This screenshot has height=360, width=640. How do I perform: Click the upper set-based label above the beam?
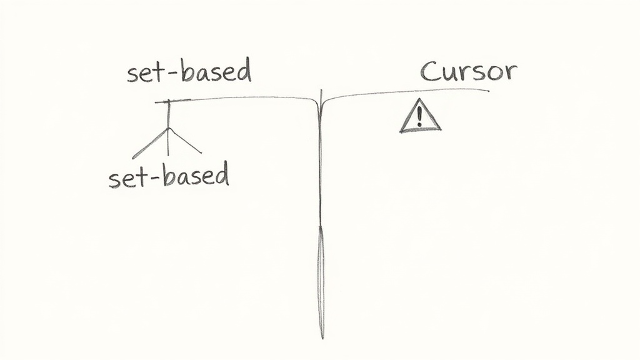click(189, 71)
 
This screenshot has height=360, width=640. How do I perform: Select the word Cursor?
click(469, 71)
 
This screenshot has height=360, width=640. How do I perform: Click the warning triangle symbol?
click(420, 116)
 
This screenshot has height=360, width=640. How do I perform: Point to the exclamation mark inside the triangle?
click(419, 116)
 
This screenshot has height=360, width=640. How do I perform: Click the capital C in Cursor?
click(429, 72)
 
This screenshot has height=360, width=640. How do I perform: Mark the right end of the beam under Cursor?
click(489, 90)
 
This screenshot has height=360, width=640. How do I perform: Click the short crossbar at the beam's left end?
click(172, 101)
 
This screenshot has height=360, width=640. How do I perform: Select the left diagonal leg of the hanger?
click(150, 143)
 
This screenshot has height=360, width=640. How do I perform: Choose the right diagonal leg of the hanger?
click(185, 141)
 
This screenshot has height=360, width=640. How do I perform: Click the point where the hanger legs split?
click(168, 129)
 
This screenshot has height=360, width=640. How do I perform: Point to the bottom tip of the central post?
click(322, 338)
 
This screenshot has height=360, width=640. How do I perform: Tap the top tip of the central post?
click(321, 90)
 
